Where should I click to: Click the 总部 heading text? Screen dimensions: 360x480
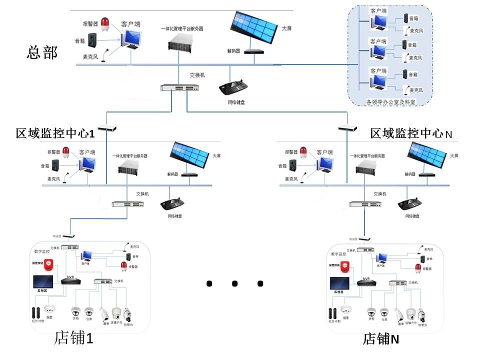tap(42, 52)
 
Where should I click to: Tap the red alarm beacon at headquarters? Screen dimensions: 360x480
tap(105, 22)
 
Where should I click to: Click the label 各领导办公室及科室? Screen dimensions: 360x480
tap(391, 101)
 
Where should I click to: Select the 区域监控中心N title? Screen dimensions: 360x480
tap(411, 133)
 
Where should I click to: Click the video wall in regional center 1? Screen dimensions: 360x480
tap(189, 154)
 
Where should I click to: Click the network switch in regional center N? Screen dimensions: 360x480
tap(365, 204)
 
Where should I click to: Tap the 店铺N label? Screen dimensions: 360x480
tap(381, 339)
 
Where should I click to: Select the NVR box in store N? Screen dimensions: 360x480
tap(366, 282)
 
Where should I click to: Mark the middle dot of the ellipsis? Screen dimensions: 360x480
tap(234, 283)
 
